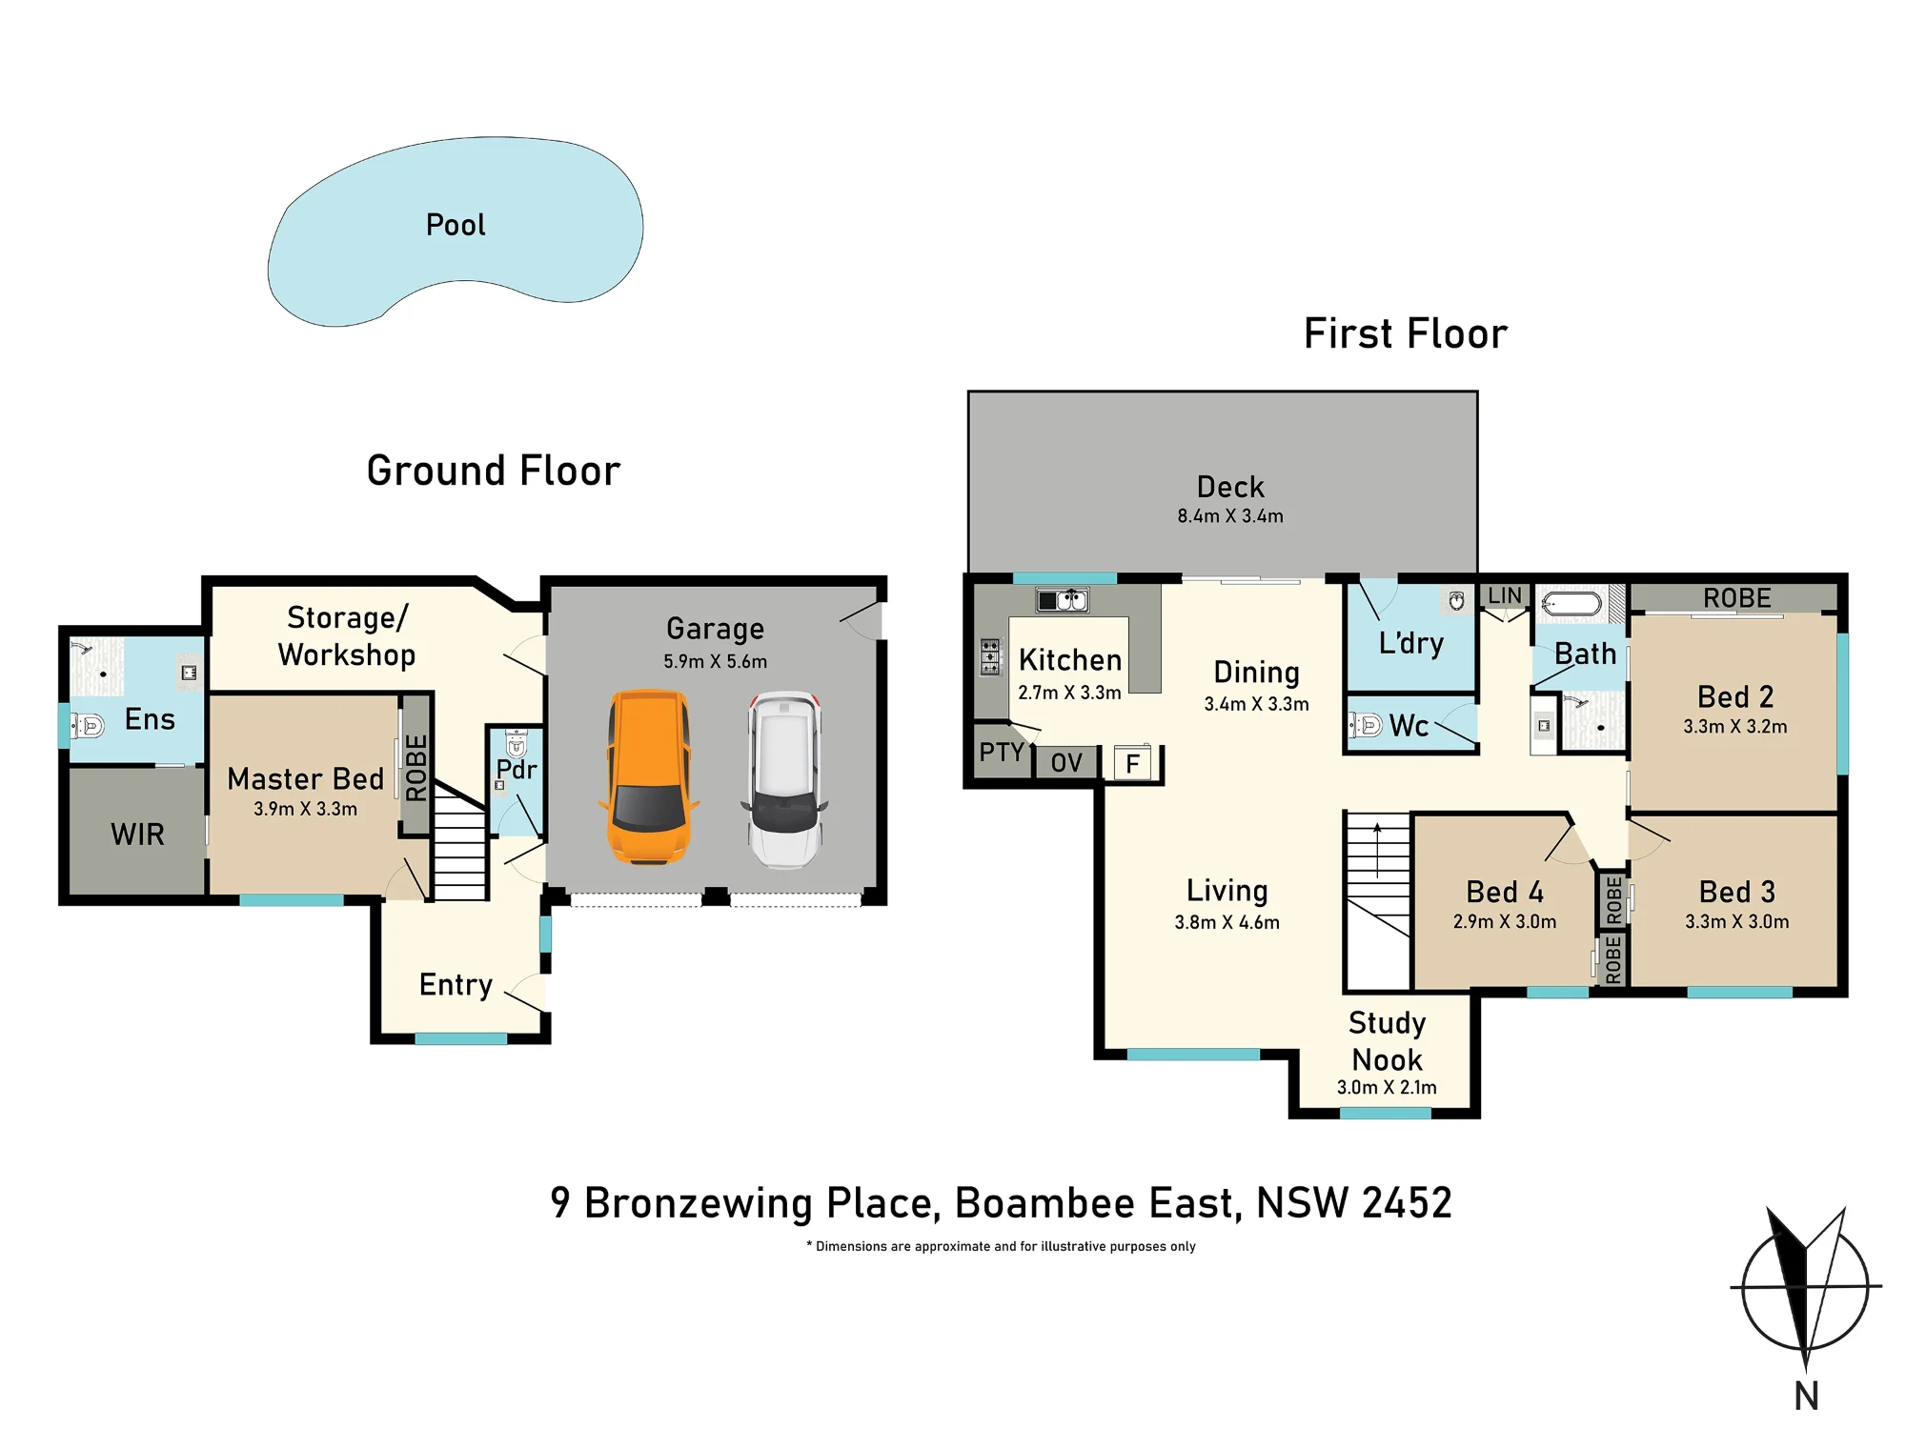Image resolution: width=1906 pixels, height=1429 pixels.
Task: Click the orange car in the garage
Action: (649, 777)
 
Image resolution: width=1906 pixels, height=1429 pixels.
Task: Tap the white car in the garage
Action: (784, 779)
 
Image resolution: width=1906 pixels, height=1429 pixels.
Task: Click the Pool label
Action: (456, 225)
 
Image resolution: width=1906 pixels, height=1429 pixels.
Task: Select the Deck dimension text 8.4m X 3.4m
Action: (1230, 516)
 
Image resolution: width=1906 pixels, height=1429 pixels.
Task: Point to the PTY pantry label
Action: (1002, 752)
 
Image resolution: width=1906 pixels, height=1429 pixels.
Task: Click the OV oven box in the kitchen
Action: (1066, 762)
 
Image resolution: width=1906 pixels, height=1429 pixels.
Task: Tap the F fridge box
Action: (1133, 763)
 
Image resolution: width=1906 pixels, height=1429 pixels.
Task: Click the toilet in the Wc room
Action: (1366, 726)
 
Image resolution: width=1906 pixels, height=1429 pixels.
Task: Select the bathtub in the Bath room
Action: (1571, 604)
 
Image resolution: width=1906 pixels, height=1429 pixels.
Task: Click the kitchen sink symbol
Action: (1063, 600)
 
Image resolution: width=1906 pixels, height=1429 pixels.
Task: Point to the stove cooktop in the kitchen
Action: (991, 656)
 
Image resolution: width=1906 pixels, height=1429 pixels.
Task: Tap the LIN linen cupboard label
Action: (1505, 595)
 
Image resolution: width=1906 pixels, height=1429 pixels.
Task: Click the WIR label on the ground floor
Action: (137, 835)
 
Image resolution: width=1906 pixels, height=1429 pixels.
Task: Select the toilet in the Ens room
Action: (87, 726)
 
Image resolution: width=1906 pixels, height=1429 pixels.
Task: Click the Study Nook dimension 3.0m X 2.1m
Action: (1387, 1087)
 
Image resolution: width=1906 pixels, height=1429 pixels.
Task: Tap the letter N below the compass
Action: (1807, 1396)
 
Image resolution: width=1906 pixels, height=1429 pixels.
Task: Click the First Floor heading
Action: (1406, 333)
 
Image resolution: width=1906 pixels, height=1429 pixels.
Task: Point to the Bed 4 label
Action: (1505, 892)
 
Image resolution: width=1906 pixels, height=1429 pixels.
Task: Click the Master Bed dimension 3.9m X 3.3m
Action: (305, 809)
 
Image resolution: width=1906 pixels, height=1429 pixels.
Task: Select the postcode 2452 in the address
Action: (1407, 1202)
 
